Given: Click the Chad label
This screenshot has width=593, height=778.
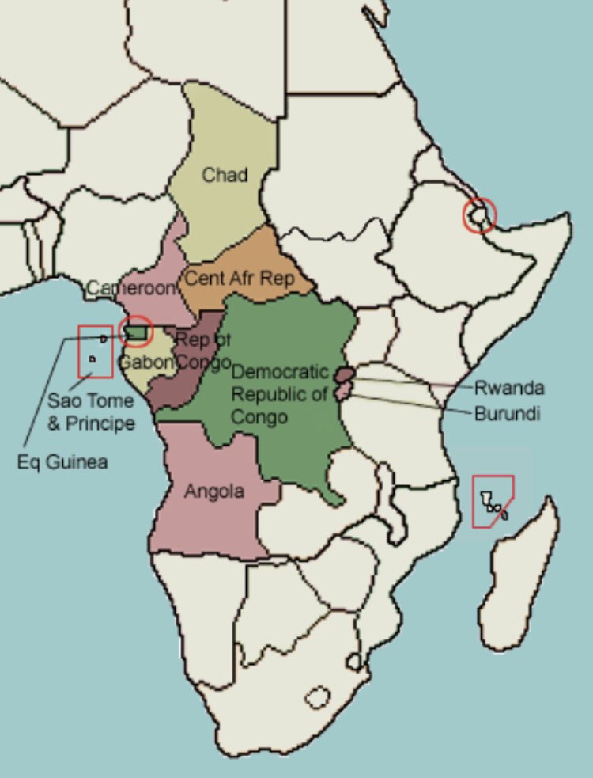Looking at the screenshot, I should (x=225, y=174).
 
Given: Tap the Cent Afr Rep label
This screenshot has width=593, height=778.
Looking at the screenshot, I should (x=239, y=279).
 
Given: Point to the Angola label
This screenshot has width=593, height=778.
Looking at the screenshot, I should (x=213, y=491).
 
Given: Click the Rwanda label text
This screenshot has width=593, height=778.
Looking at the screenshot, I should (x=511, y=389).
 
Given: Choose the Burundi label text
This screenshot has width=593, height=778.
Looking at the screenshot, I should (x=508, y=413).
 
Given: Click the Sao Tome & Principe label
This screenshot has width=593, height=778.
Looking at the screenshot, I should (x=90, y=412).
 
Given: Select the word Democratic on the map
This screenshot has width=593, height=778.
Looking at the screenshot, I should (x=280, y=371).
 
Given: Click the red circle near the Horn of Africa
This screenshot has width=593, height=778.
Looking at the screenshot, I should (x=478, y=214).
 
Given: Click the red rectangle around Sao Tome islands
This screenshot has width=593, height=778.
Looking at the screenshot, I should (x=96, y=351).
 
